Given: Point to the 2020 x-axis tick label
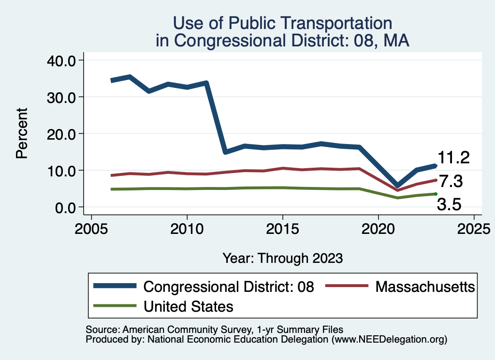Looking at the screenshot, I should pyautogui.click(x=378, y=228).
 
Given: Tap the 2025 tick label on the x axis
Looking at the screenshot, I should pyautogui.click(x=474, y=228).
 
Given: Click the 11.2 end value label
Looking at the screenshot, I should pyautogui.click(x=453, y=158).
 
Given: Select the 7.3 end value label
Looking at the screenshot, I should pyautogui.click(x=451, y=182).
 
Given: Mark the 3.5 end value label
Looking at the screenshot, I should pyautogui.click(x=449, y=204).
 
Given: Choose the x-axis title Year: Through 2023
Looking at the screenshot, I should pyautogui.click(x=283, y=258).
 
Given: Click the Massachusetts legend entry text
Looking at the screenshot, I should pyautogui.click(x=425, y=287).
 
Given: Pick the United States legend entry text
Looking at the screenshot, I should pyautogui.click(x=189, y=306).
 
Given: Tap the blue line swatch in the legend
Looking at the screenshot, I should pyautogui.click(x=115, y=287).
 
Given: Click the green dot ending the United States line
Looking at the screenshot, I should pyautogui.click(x=436, y=194).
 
